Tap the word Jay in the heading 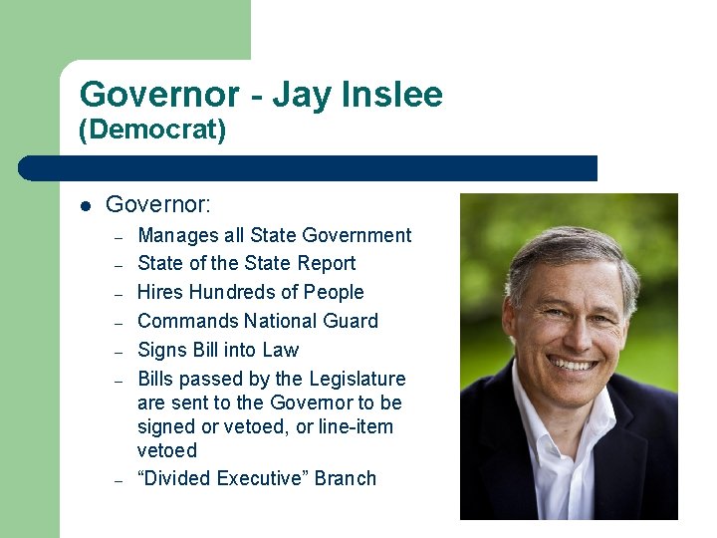click(x=301, y=95)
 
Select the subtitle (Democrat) click(x=152, y=131)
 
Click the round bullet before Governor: click(x=86, y=206)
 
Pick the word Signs click(x=160, y=350)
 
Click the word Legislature click(x=358, y=379)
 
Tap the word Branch click(x=346, y=478)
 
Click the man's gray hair click(x=568, y=249)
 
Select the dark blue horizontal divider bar click(x=309, y=168)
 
